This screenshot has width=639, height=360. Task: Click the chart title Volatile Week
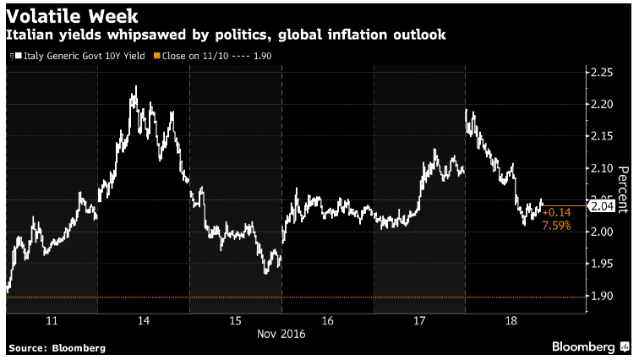72,17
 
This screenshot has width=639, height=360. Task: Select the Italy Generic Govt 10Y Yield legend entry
78,56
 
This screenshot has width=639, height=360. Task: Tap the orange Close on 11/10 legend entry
212,56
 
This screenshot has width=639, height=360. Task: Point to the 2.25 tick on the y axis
602,73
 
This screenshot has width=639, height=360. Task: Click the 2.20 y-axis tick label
602,104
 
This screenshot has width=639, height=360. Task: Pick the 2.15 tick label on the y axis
602,136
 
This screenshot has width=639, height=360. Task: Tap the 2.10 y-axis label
602,168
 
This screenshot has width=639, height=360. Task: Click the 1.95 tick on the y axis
602,264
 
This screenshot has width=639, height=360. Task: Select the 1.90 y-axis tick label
602,296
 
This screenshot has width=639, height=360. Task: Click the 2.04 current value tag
602,206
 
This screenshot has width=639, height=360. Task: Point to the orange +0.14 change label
557,213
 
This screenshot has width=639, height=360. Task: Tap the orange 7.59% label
557,225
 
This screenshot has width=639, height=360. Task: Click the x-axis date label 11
52,321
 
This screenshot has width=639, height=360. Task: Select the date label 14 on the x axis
144,321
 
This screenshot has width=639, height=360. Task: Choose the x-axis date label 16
328,321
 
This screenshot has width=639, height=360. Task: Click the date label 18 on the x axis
511,321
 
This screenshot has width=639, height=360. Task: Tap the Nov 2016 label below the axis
281,335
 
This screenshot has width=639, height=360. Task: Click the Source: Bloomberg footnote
57,348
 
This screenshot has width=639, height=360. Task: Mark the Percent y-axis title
624,190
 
